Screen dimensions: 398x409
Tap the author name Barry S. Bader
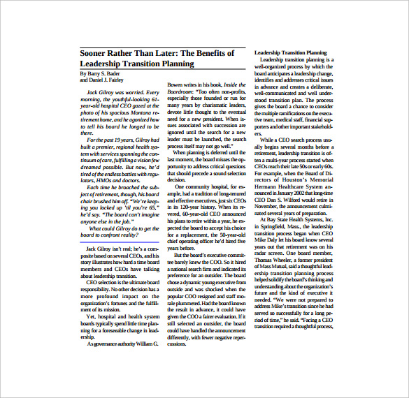coord(103,73)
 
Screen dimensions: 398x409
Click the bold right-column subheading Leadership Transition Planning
coord(290,52)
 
